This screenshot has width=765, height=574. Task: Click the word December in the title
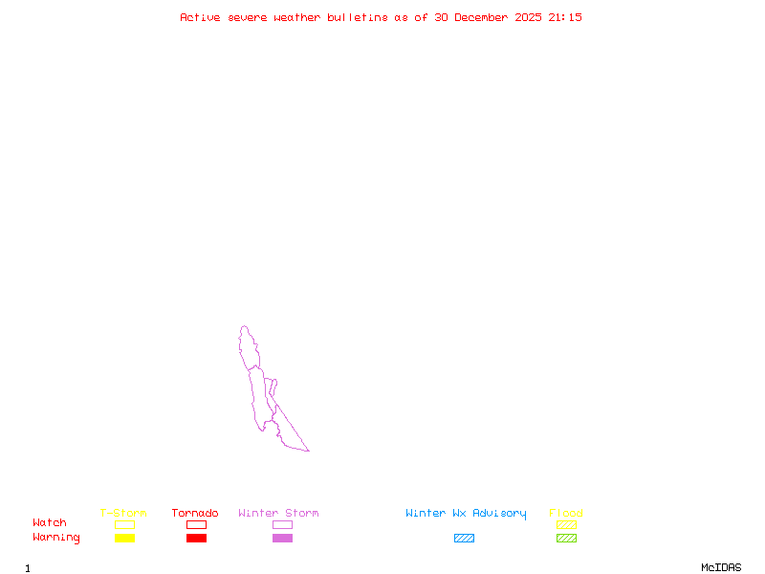tap(487, 17)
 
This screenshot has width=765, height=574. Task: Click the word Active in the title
tap(201, 17)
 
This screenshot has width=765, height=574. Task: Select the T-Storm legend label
tap(123, 514)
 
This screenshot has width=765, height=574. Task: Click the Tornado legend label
tap(195, 514)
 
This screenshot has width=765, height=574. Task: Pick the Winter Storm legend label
tap(278, 514)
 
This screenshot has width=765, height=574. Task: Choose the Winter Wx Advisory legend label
tap(466, 514)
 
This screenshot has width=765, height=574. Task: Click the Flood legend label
tap(566, 514)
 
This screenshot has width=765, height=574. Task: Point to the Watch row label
tap(50, 523)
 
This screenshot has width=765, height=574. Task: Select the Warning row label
tap(56, 538)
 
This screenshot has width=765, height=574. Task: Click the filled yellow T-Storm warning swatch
tap(124, 539)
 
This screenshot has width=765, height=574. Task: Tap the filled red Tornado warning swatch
tap(196, 539)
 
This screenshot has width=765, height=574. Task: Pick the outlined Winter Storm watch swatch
tap(282, 524)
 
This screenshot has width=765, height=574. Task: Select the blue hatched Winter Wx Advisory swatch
tap(464, 539)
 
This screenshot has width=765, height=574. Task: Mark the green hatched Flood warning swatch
tap(566, 539)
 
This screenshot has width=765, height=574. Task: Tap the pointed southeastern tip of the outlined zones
tap(308, 451)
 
